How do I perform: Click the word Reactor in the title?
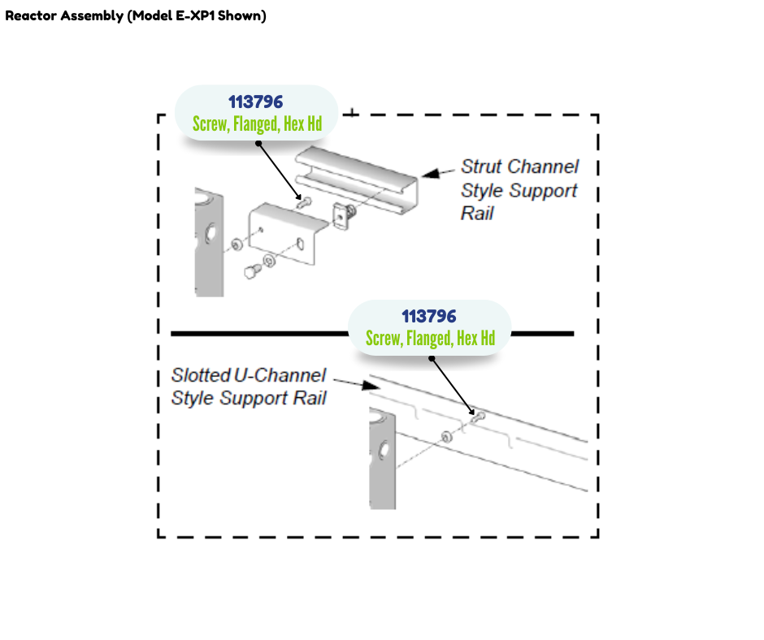[31, 16]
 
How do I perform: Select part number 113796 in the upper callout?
[255, 102]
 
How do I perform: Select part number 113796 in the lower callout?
[429, 317]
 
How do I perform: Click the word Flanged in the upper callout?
[255, 124]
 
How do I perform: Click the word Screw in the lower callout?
[383, 339]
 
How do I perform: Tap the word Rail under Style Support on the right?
[478, 214]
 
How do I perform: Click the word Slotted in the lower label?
[200, 376]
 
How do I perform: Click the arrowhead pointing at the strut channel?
[429, 173]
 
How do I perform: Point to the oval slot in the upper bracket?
[300, 244]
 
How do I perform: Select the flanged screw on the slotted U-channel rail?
[478, 417]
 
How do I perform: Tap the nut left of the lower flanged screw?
[446, 437]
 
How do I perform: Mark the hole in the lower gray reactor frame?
[383, 449]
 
